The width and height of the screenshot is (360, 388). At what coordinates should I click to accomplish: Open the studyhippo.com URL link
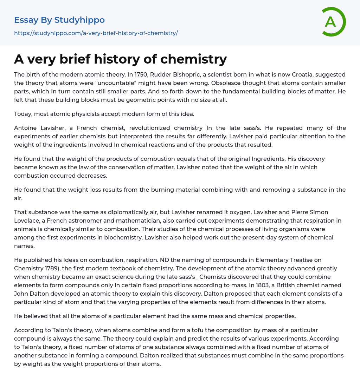pyautogui.click(x=96, y=33)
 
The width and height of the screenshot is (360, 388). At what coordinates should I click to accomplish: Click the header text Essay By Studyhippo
pyautogui.click(x=59, y=20)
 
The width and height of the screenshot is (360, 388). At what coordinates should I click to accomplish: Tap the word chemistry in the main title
pyautogui.click(x=193, y=59)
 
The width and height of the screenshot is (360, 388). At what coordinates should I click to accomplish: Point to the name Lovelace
pyautogui.click(x=27, y=221)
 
